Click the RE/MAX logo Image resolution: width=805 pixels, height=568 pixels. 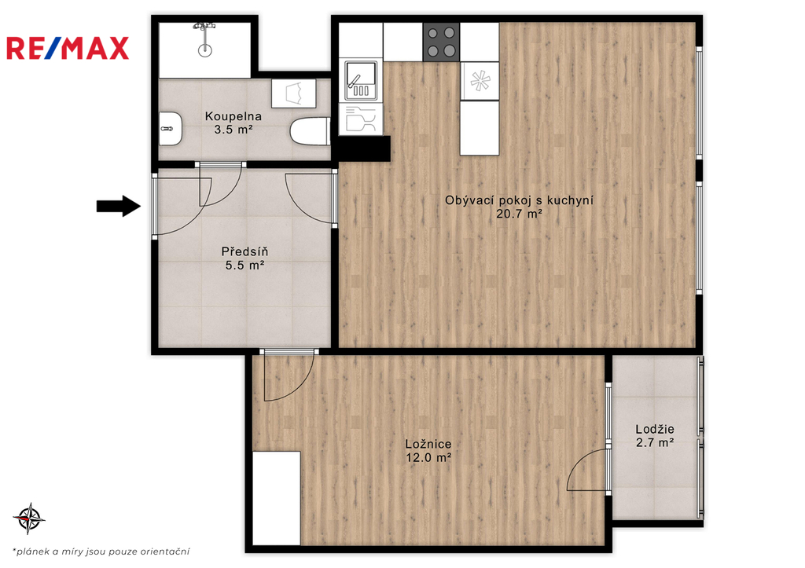coord(68,48)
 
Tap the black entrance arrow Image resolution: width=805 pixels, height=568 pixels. coord(119,207)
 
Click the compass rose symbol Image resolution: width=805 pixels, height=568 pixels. coord(29,519)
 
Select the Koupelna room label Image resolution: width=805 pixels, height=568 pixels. coord(233,116)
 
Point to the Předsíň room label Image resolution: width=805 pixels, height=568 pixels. coord(245,251)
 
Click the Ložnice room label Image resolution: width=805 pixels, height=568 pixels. coord(428,445)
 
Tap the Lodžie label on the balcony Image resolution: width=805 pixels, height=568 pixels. coord(655,429)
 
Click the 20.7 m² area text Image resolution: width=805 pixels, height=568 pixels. coord(519,214)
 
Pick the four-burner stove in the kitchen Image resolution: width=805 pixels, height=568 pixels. coord(442,42)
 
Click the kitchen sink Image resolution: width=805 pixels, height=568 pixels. coord(361,81)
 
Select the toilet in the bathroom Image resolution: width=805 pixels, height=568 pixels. coord(310,131)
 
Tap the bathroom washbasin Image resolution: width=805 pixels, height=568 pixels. coord(170,128)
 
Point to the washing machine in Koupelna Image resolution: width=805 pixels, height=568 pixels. coord(294,93)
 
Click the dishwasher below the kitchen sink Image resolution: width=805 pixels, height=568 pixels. coord(361,119)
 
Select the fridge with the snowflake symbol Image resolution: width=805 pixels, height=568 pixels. coord(480,81)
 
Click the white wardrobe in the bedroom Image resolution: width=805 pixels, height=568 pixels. coord(276,498)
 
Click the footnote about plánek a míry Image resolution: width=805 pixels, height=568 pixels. coord(101,552)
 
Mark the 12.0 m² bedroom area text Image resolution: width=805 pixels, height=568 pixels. coord(428,457)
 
